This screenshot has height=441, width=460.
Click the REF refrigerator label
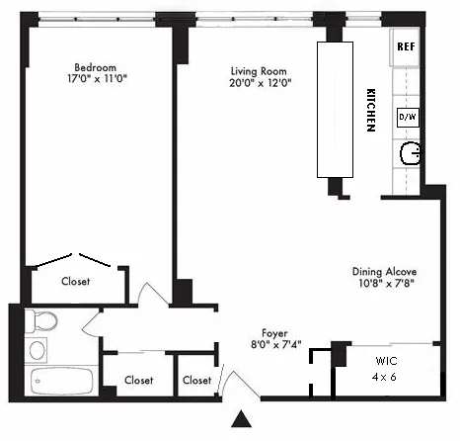(405, 47)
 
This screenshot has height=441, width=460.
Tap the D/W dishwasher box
(406, 117)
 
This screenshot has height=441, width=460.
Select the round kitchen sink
(409, 154)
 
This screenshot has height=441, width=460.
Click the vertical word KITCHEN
(369, 108)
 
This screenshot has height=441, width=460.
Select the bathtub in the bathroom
(54, 382)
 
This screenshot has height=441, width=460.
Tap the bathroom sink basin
(38, 349)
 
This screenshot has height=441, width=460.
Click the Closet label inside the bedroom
(75, 282)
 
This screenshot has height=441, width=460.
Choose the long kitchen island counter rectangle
(334, 110)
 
